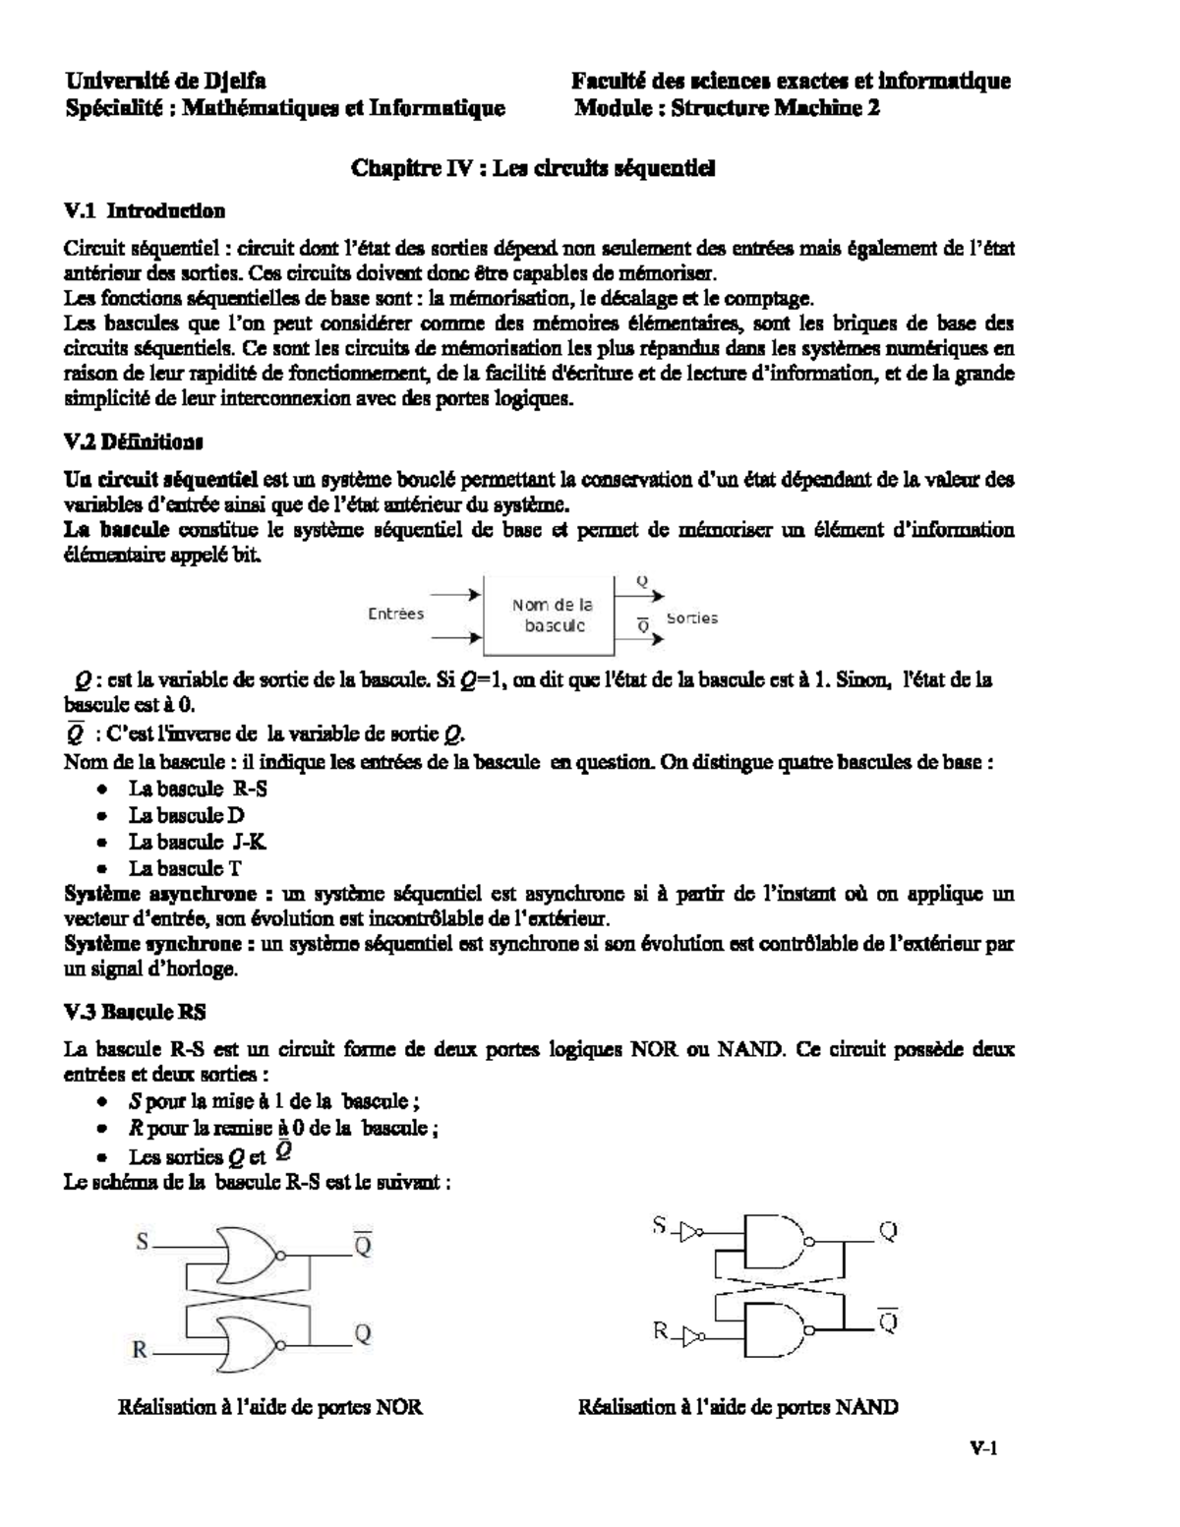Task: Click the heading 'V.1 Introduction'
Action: (145, 210)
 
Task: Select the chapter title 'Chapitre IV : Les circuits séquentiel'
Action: (533, 168)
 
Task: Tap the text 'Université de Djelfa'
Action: (165, 81)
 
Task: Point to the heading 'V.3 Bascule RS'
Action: (135, 1011)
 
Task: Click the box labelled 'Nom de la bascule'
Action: (551, 616)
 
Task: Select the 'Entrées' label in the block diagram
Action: (395, 614)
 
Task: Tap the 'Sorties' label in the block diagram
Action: (692, 618)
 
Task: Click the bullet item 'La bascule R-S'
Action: (198, 789)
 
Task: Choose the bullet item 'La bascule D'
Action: (186, 815)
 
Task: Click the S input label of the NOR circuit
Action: (143, 1242)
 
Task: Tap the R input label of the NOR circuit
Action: (141, 1350)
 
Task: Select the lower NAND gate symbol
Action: (773, 1327)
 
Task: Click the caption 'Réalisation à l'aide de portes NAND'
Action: (737, 1407)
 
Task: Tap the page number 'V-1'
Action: (982, 1447)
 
